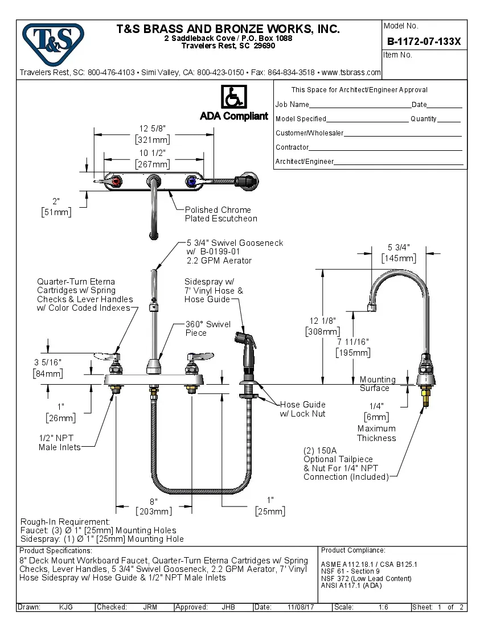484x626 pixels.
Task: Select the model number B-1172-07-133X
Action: point(424,42)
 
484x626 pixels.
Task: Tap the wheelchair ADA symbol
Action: point(233,97)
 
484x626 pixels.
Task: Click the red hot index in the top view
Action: point(116,182)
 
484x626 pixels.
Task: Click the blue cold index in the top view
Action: point(191,182)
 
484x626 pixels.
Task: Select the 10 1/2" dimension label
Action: point(152,153)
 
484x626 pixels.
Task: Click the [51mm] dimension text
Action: point(56,212)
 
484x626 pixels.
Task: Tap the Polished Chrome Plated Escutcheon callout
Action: point(221,214)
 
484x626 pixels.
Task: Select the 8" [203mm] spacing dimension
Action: point(153,506)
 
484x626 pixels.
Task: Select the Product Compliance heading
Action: point(353,550)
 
